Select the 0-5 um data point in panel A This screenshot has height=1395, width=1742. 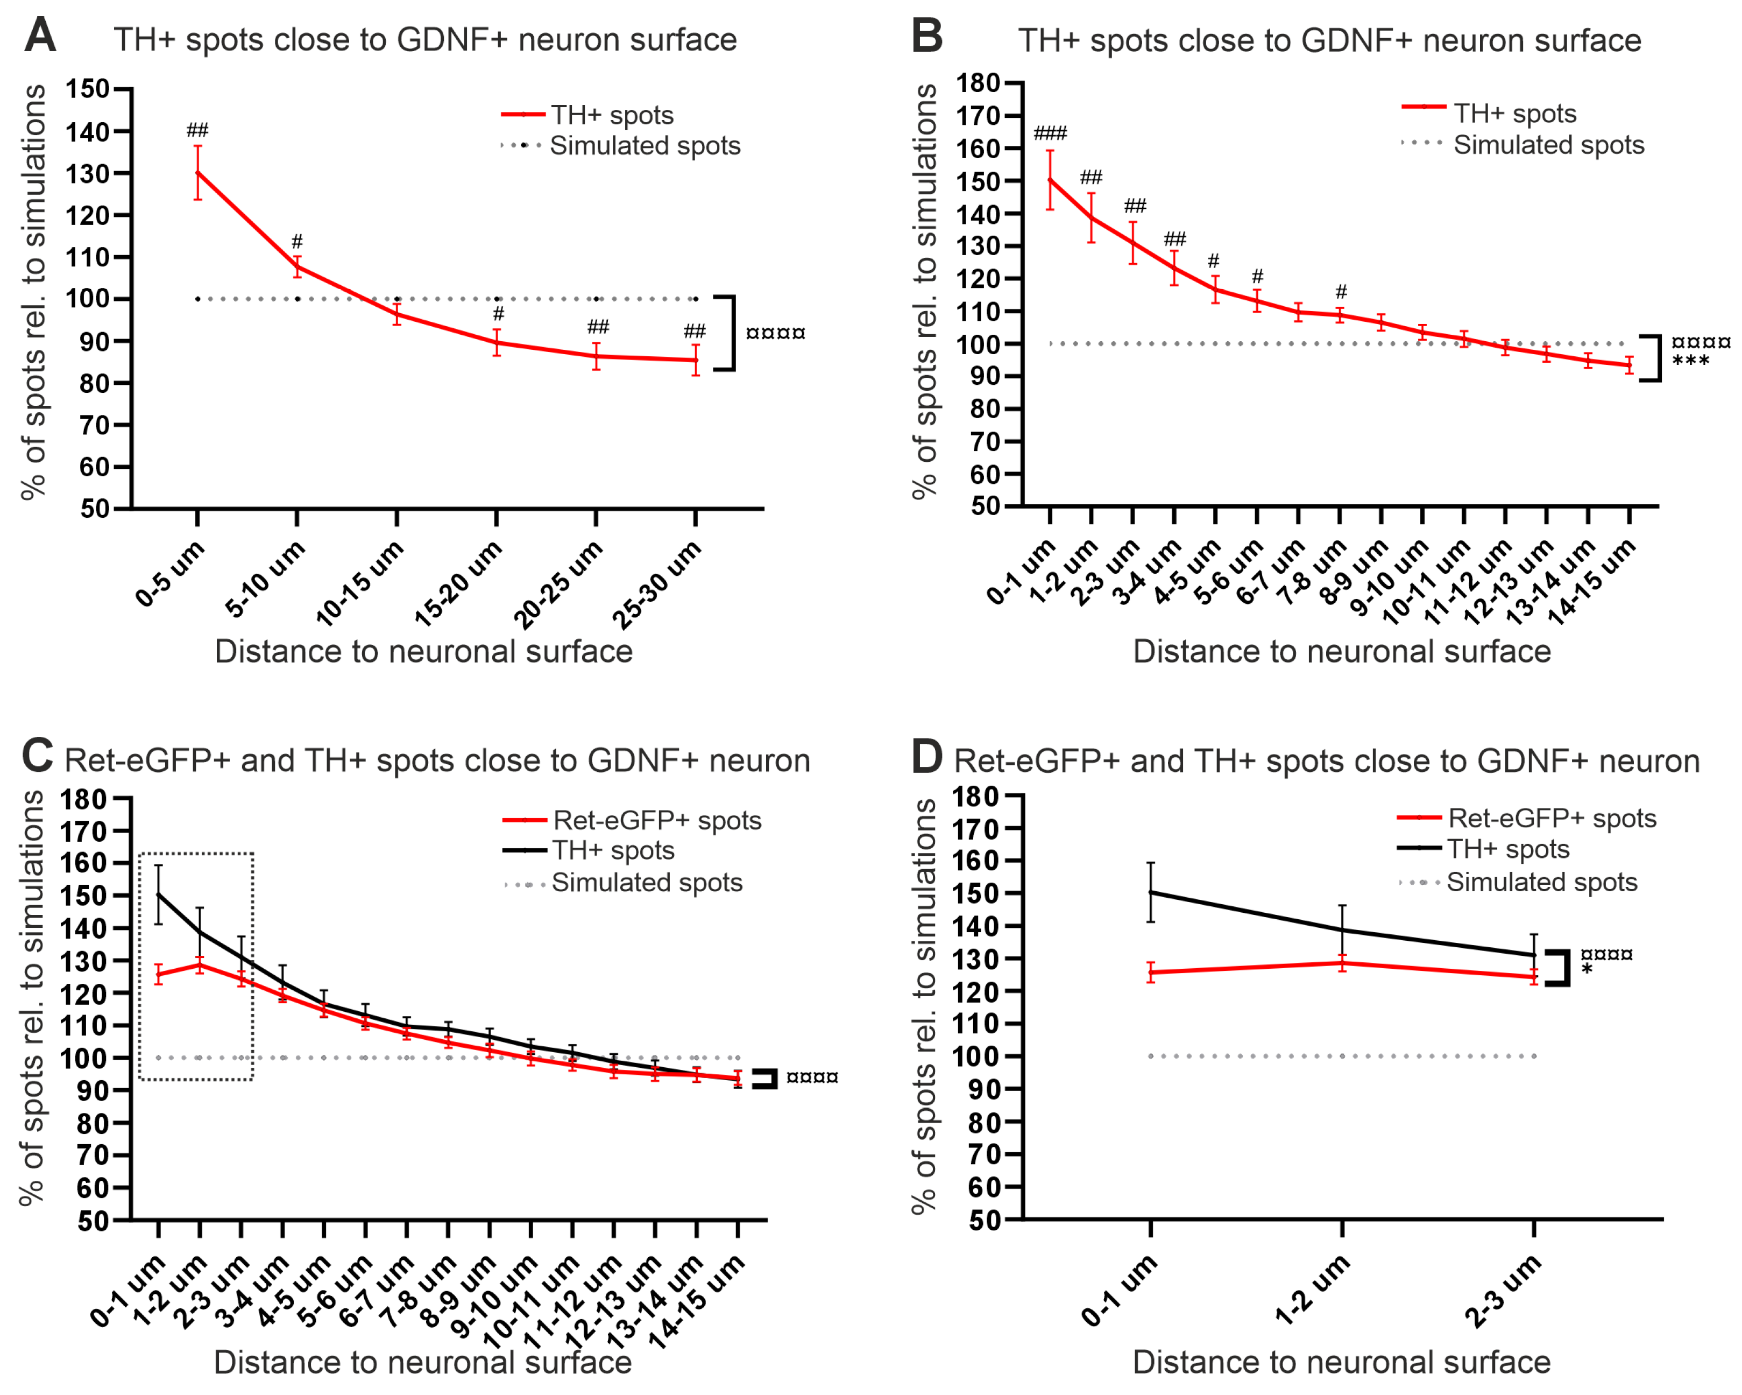click(x=198, y=172)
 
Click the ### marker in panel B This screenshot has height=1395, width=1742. click(x=1050, y=133)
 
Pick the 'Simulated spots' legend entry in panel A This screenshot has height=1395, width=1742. click(x=644, y=145)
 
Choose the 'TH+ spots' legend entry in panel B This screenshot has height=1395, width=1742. click(x=1514, y=114)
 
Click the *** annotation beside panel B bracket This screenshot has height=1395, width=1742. click(x=1690, y=361)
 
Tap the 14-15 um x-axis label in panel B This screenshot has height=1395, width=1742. click(x=1592, y=581)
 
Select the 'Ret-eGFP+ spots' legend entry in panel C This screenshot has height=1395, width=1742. click(x=656, y=820)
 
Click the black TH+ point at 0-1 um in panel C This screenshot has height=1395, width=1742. click(x=158, y=894)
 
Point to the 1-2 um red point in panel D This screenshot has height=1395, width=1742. click(x=1342, y=963)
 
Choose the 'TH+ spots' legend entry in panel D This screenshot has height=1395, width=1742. click(x=1507, y=849)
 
